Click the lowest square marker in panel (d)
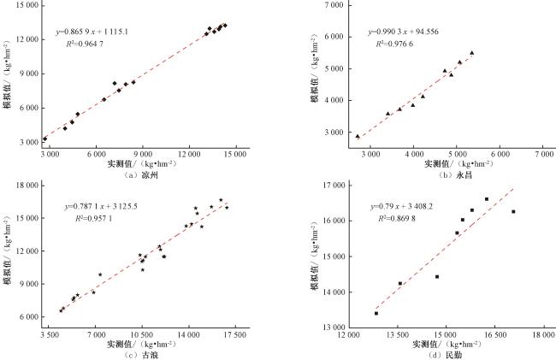pos(376,313)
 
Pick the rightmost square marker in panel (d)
pos(513,211)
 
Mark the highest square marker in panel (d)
pos(487,199)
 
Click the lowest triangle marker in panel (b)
pos(358,136)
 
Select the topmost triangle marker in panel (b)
pos(471,53)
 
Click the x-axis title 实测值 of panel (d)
pos(427,344)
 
